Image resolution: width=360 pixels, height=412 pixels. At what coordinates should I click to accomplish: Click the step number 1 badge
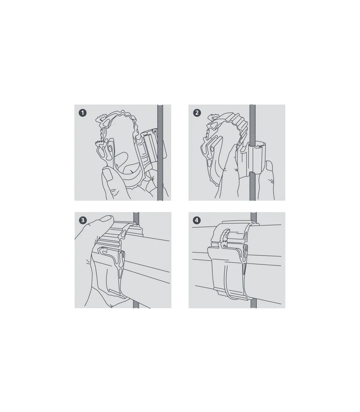click(x=83, y=113)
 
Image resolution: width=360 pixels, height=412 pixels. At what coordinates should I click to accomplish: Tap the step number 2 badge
click(x=197, y=113)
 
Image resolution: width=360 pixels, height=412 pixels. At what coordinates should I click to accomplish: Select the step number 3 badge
click(x=83, y=220)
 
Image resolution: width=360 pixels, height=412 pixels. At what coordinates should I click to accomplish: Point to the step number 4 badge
click(x=197, y=220)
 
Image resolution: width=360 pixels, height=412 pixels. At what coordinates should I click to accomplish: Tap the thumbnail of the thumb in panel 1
click(x=108, y=174)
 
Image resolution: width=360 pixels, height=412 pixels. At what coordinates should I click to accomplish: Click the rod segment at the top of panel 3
click(x=136, y=217)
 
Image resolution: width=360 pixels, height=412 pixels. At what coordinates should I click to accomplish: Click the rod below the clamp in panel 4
click(x=254, y=304)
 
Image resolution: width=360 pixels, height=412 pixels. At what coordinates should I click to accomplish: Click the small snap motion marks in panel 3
click(x=88, y=262)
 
